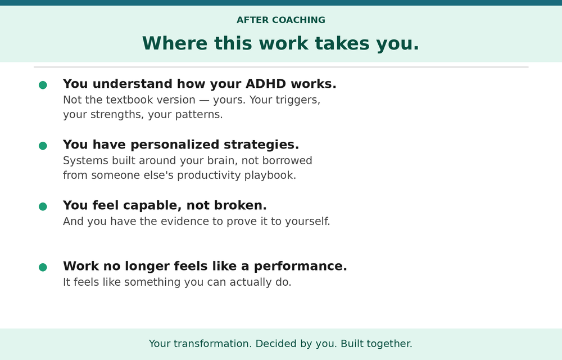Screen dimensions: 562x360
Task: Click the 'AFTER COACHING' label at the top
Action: coord(280,20)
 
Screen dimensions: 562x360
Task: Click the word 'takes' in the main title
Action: coord(342,43)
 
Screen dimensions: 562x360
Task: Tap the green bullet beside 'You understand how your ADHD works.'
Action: coord(43,85)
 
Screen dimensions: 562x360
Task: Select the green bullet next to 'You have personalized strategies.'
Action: coord(43,146)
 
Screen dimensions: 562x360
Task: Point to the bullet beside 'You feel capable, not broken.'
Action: coord(43,206)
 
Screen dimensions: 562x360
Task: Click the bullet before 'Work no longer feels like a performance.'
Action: coord(43,267)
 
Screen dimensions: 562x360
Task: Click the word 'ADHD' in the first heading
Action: coord(266,84)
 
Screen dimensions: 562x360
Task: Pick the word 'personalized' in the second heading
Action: coord(175,145)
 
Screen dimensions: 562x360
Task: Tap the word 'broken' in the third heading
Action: coord(240,205)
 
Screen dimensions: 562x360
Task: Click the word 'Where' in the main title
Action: coord(175,43)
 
